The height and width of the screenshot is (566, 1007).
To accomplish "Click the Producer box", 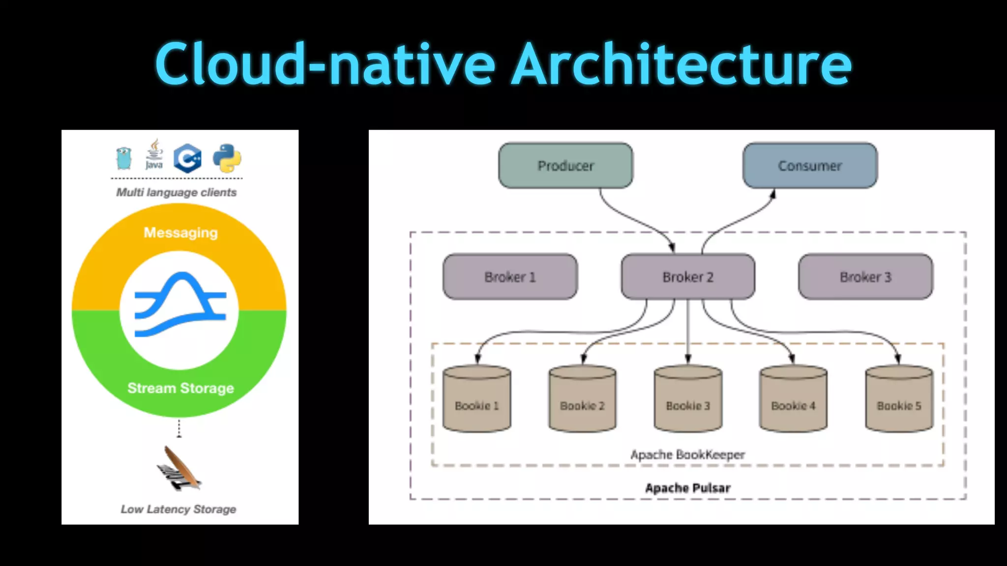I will coord(565,166).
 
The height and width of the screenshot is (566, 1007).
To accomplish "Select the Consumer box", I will coord(810,166).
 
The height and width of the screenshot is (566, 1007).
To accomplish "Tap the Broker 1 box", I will coord(510,277).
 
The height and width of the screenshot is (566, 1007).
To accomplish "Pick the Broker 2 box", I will coord(688,277).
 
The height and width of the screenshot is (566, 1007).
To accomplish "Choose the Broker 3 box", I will coord(865,277).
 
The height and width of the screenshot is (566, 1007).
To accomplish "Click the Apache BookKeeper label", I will coord(687,454).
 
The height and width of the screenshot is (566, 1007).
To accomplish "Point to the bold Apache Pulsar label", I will coord(687,488).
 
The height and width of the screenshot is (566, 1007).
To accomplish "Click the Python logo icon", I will coord(227,158).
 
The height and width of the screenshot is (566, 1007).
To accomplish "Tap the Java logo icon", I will coord(154,154).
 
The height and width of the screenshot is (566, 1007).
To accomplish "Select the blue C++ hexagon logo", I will coord(188,158).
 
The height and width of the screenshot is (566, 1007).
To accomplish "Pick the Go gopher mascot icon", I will coord(124,158).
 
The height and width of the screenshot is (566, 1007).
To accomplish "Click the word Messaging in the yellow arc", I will coord(180,232).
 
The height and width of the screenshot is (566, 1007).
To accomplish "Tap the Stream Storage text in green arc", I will coord(180,388).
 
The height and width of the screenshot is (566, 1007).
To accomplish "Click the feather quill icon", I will coord(178,468).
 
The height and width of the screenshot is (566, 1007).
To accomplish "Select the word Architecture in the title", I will coord(681,64).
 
